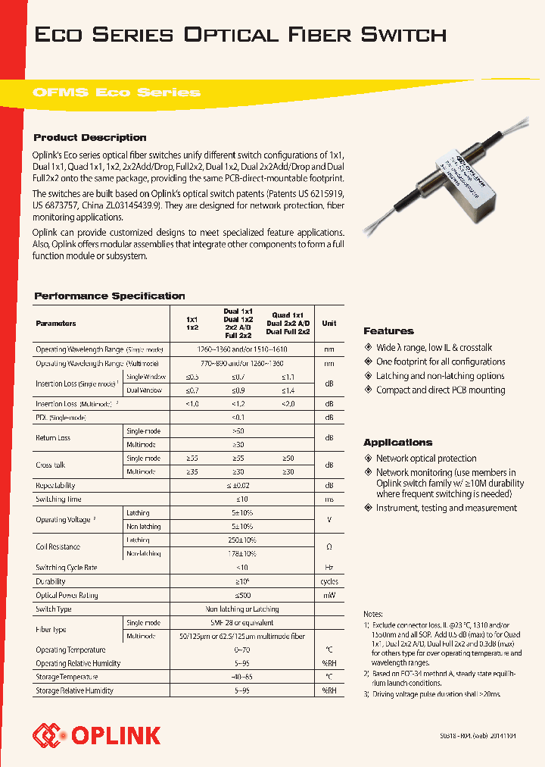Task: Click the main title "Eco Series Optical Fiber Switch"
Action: [x=241, y=35]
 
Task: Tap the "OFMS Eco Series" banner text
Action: [x=117, y=92]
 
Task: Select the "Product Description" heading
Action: [x=90, y=137]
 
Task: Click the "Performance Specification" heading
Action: [x=110, y=296]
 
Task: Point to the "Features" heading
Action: [x=388, y=330]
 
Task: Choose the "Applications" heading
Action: [x=397, y=442]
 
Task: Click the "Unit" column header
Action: [x=329, y=324]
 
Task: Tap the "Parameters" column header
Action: [x=56, y=324]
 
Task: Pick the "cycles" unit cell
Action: [x=329, y=581]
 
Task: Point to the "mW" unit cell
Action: [x=329, y=595]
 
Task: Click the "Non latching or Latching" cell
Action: [x=242, y=609]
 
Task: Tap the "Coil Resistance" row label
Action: [x=58, y=546]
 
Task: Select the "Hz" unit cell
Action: [x=329, y=568]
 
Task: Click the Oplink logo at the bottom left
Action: [x=97, y=734]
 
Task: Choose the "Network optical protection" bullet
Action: [x=426, y=459]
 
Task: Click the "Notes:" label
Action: [x=374, y=614]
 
